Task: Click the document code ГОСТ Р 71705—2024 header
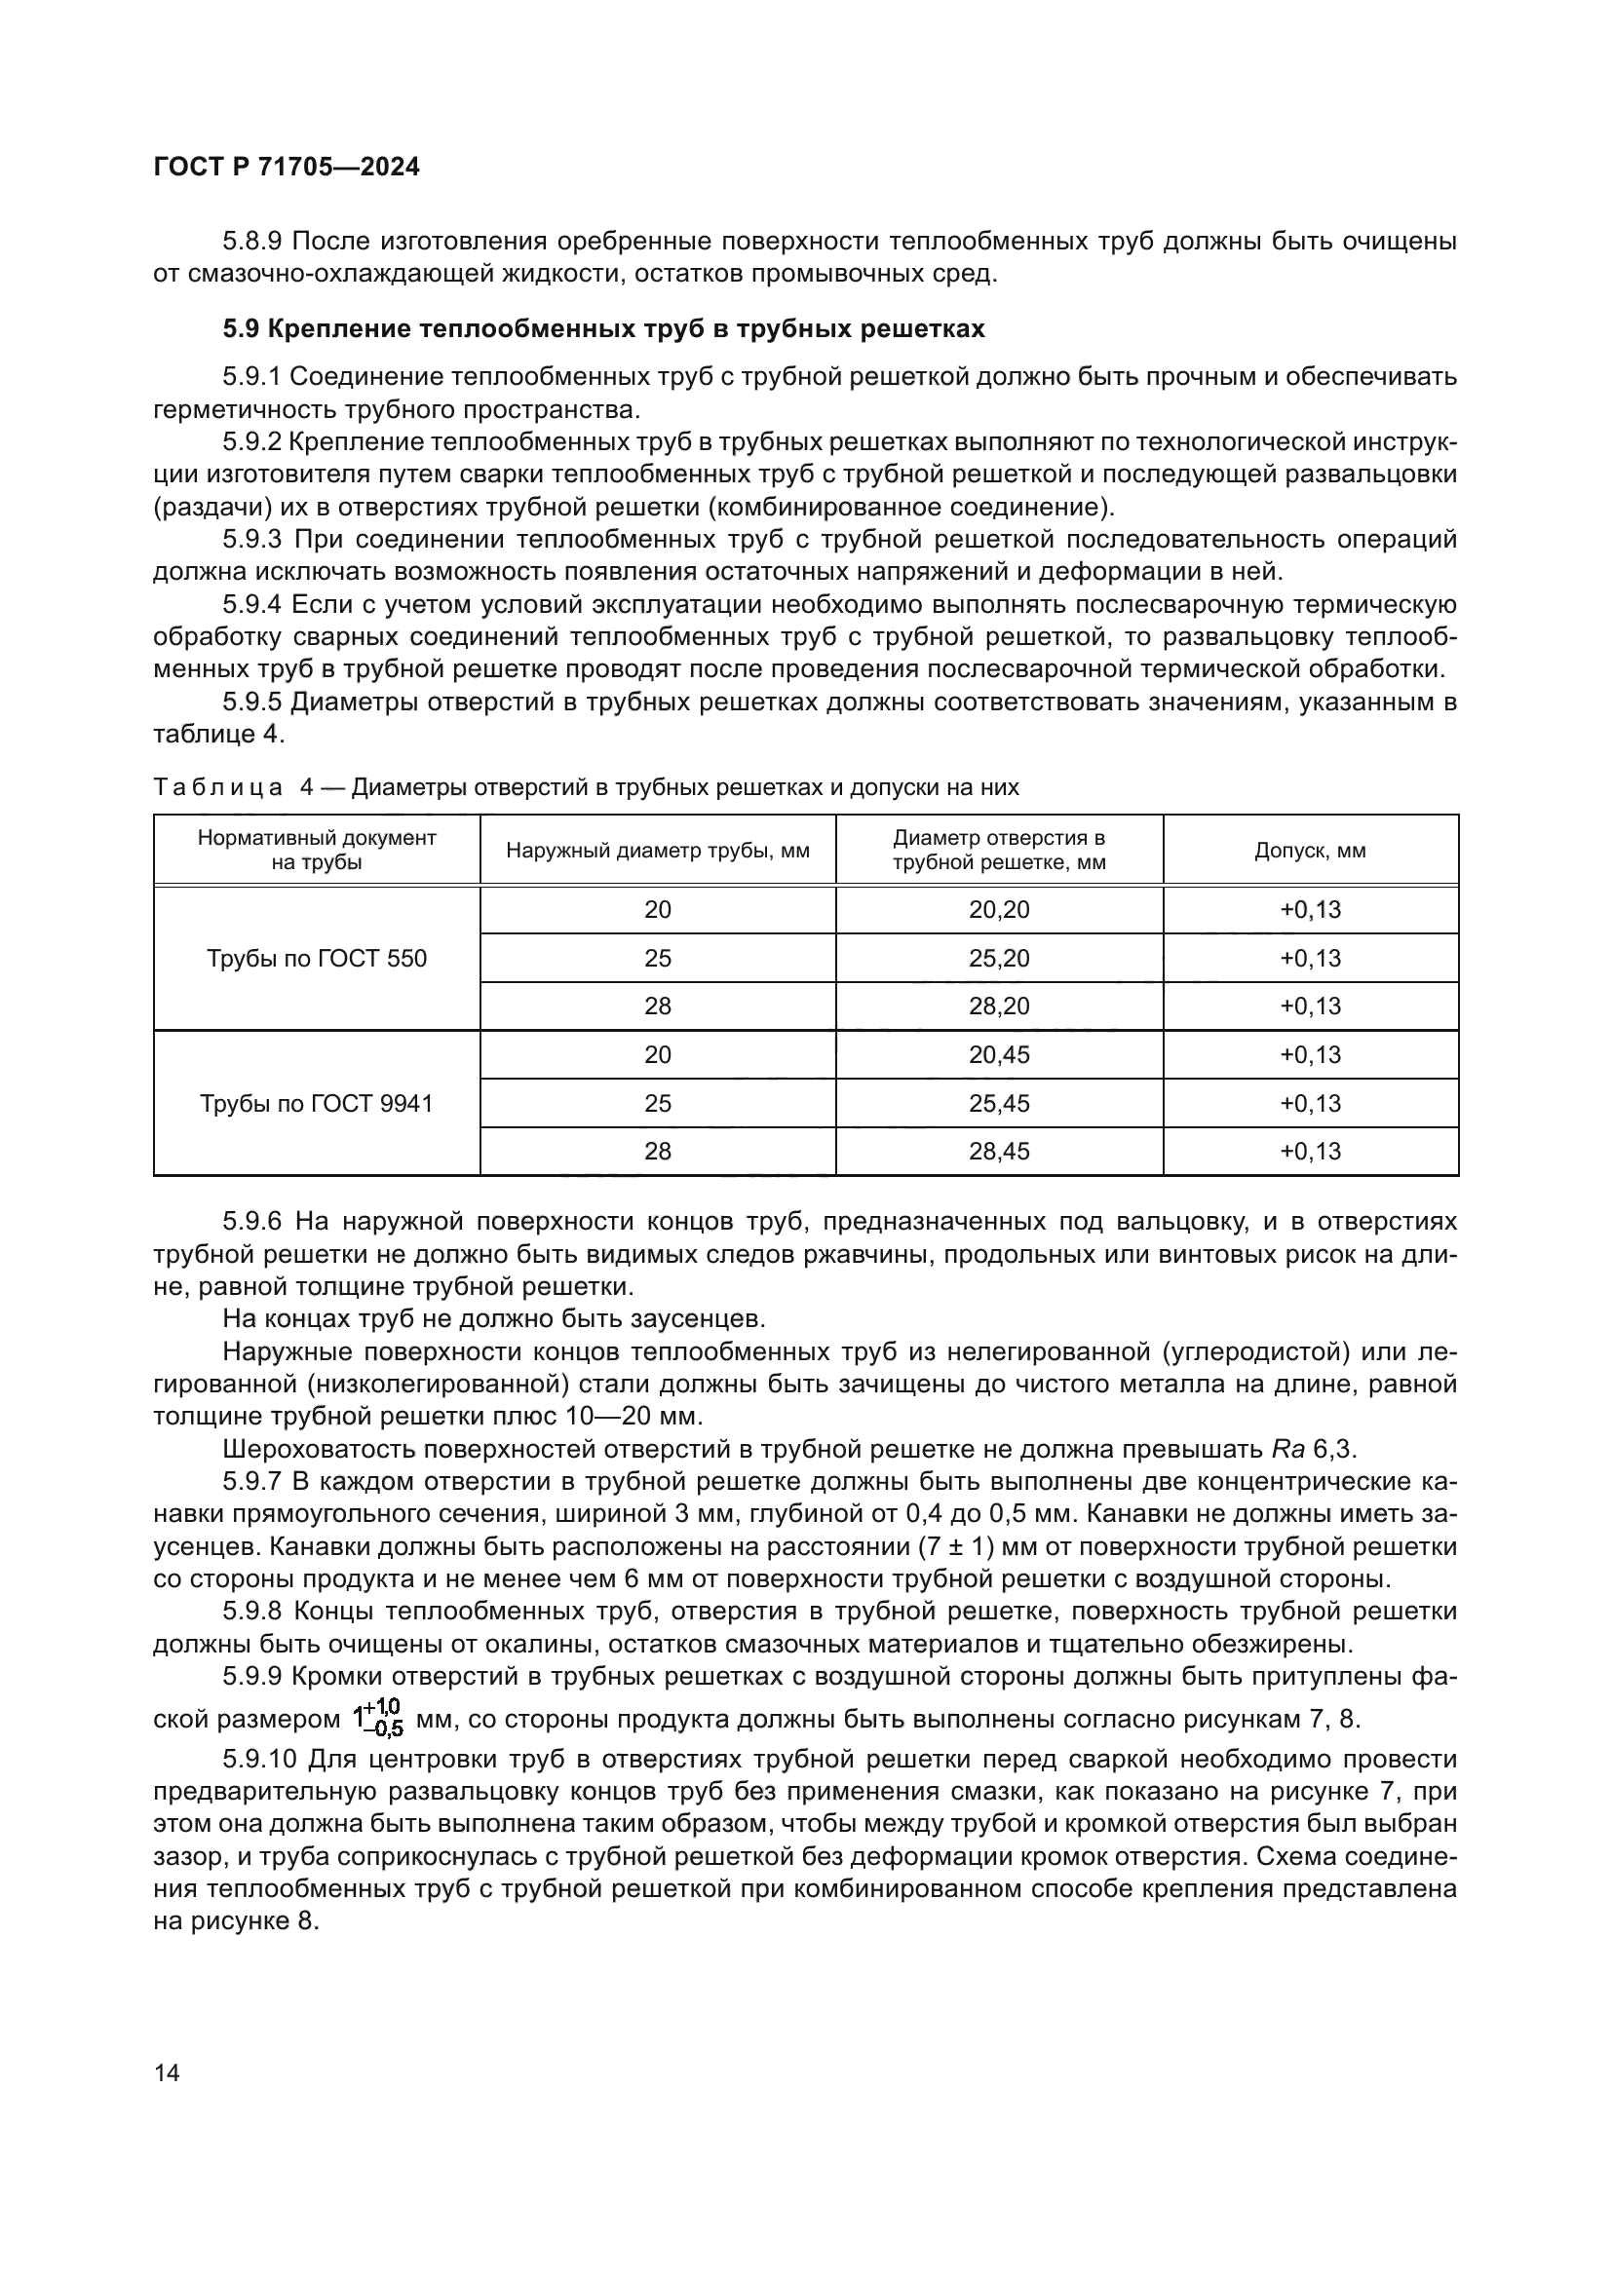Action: pos(287,167)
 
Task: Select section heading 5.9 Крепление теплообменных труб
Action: pos(603,328)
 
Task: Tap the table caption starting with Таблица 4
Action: pos(586,787)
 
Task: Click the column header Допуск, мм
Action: pos(1309,851)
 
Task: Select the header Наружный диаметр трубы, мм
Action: pos(657,851)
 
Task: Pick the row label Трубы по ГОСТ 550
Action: pos(317,958)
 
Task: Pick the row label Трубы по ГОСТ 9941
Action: pos(317,1103)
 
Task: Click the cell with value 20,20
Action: pos(999,909)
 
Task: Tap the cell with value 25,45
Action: pos(999,1103)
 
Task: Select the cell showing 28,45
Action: pos(999,1151)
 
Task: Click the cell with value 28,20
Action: pos(999,1006)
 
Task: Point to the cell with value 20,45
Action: pos(999,1054)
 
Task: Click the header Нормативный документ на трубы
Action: pos(317,850)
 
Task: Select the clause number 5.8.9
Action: pos(253,242)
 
